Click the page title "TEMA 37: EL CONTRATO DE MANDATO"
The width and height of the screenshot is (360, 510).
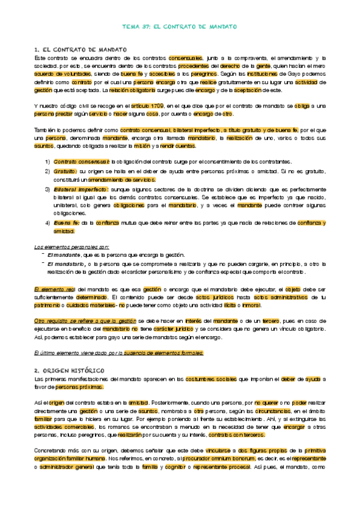pos(180,27)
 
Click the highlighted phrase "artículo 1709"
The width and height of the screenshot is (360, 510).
pos(147,105)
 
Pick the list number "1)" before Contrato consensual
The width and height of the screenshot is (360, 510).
pos(47,161)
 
